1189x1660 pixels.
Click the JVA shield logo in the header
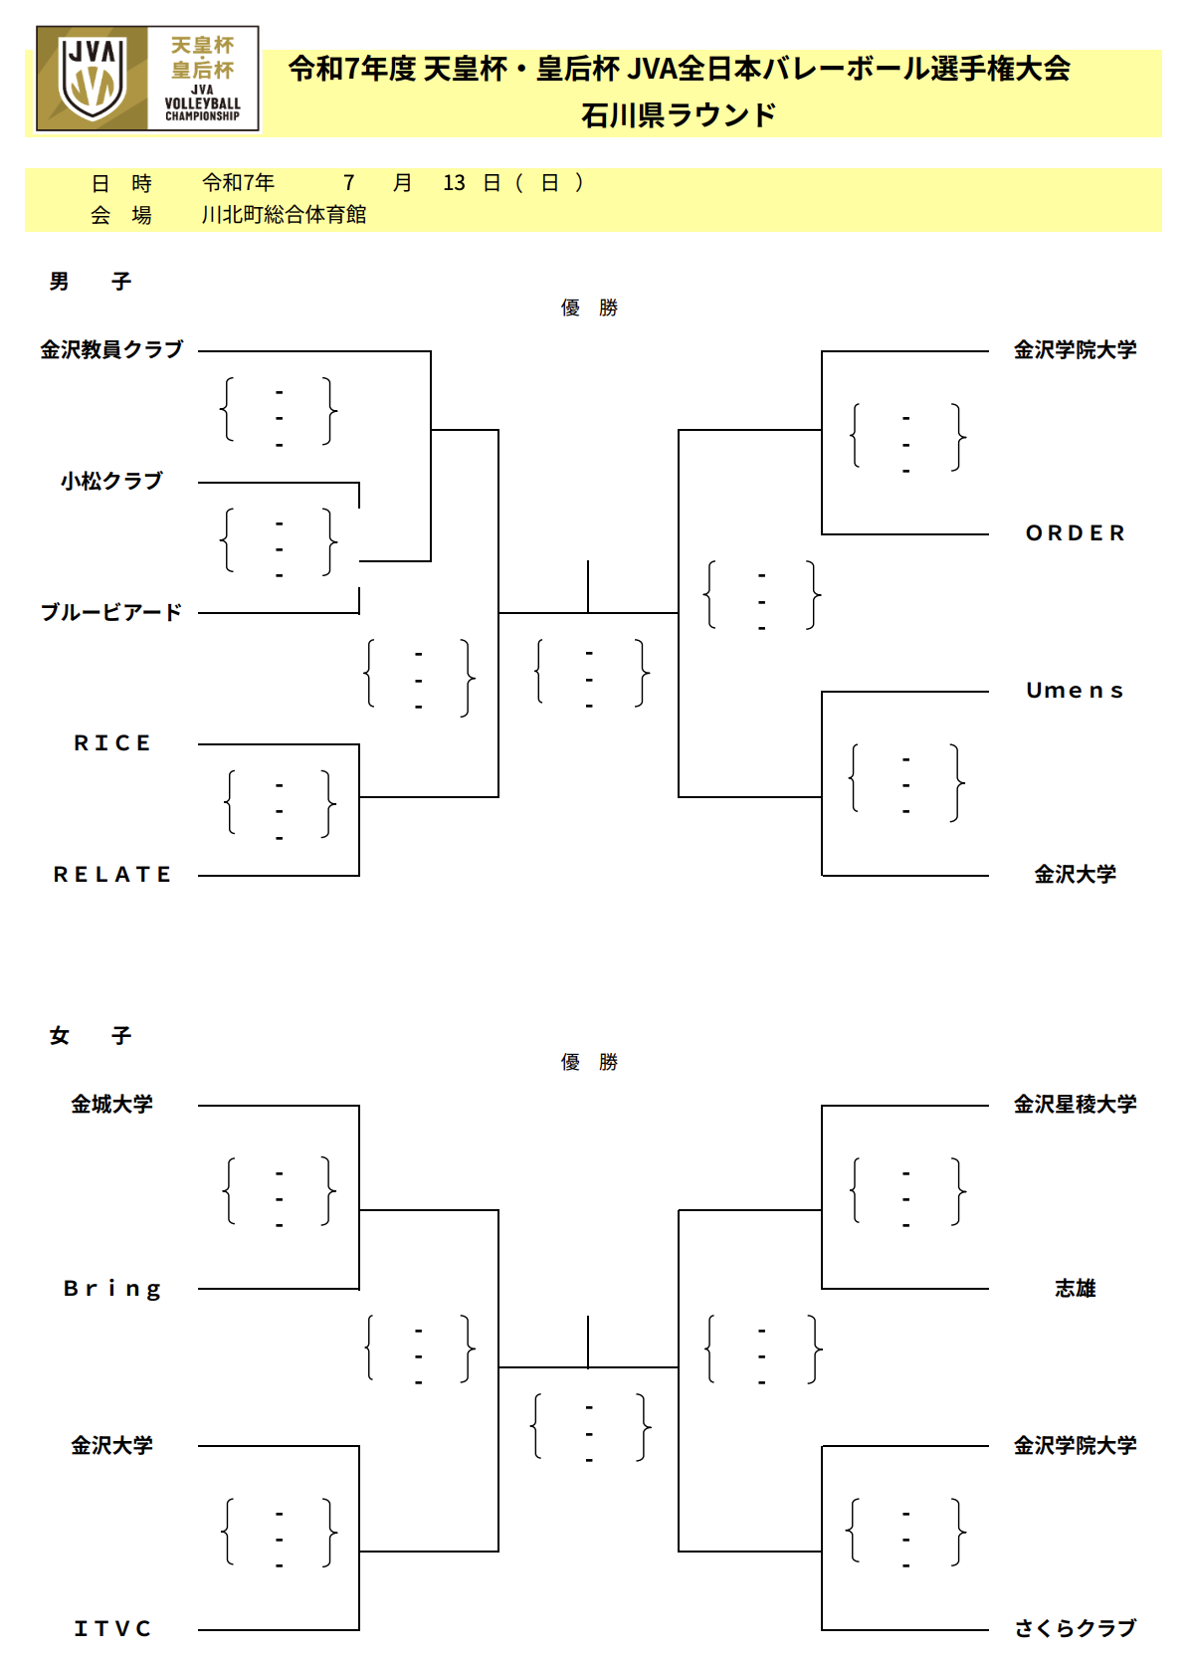(x=93, y=79)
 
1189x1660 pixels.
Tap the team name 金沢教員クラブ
(x=111, y=349)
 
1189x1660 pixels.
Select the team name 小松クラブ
(x=111, y=481)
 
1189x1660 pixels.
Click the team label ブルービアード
(x=111, y=612)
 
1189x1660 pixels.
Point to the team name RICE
(x=112, y=743)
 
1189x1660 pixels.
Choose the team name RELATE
(x=112, y=875)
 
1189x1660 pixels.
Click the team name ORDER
(x=1076, y=532)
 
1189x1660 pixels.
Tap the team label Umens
(x=1076, y=691)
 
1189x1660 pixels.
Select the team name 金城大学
(x=111, y=1105)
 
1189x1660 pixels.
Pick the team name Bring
(x=112, y=1289)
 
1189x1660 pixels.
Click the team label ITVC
(x=112, y=1628)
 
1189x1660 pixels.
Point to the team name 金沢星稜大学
(x=1076, y=1105)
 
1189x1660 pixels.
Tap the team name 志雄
(x=1076, y=1288)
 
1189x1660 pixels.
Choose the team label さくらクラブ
(x=1076, y=1628)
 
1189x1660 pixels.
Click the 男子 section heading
(x=91, y=282)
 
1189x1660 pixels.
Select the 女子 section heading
(x=91, y=1035)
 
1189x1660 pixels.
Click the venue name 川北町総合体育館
(x=284, y=215)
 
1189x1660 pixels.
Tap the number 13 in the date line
(x=454, y=183)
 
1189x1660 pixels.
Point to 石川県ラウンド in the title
(x=679, y=115)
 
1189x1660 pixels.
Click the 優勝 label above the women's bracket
(x=589, y=1062)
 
